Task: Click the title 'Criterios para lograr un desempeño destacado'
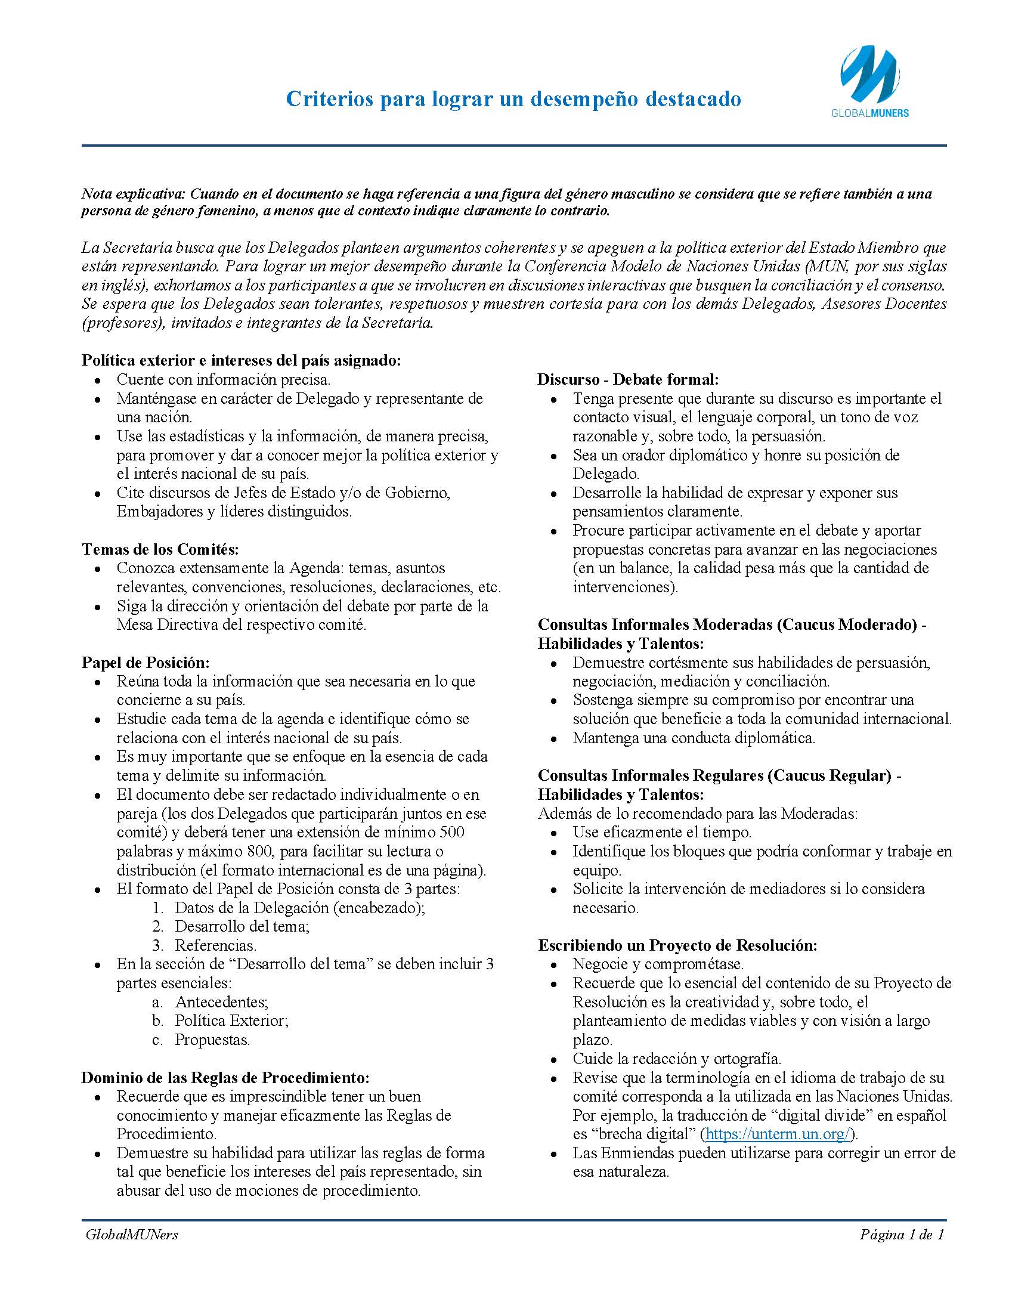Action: tap(513, 98)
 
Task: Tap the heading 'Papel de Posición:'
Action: tap(146, 662)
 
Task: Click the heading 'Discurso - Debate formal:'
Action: tap(628, 379)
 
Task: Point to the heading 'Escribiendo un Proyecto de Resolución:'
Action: tap(677, 945)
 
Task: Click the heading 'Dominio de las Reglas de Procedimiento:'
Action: tap(225, 1077)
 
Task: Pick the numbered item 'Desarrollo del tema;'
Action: tap(242, 926)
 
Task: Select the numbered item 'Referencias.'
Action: tap(215, 945)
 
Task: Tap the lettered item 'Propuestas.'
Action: tap(212, 1040)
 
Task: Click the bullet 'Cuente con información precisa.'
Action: tap(223, 379)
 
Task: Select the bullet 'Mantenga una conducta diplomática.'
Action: tap(694, 738)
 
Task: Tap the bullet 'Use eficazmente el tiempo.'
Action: tap(662, 832)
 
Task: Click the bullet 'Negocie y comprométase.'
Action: tap(658, 964)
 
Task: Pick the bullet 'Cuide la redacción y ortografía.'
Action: tap(677, 1059)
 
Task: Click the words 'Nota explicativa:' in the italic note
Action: tap(134, 194)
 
